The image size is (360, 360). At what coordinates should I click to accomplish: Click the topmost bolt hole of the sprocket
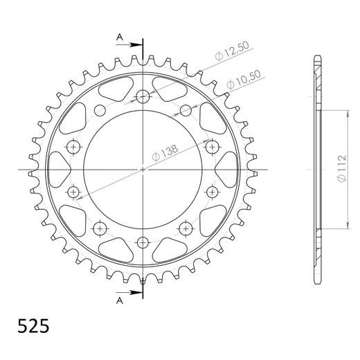point(143,96)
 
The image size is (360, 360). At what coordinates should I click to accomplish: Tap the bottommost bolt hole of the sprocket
point(143,242)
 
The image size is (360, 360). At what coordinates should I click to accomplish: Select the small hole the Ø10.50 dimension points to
point(186,109)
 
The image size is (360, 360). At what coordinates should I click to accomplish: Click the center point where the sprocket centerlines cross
point(143,169)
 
